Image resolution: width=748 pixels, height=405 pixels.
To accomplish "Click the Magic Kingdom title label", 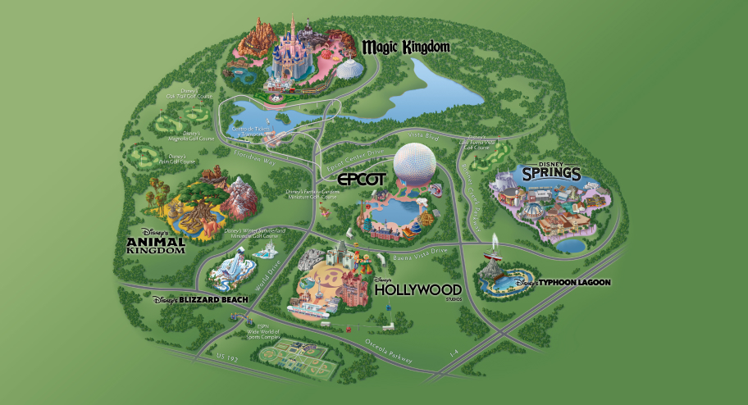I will click(407, 46).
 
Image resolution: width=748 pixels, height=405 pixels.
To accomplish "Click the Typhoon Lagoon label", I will click(563, 283).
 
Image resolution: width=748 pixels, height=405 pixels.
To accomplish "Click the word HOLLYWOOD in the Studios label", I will click(417, 289).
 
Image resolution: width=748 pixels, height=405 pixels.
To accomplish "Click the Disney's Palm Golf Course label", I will click(182, 158).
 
